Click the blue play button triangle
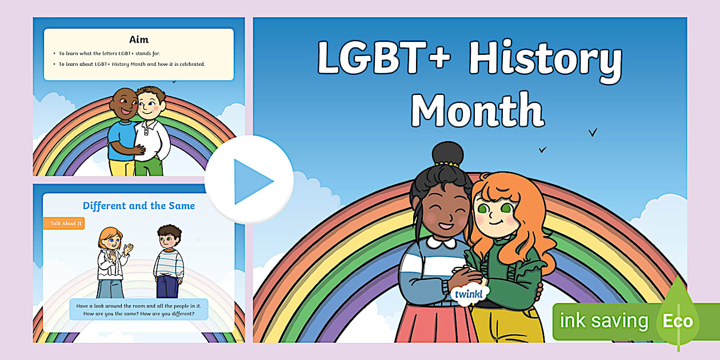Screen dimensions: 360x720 252,181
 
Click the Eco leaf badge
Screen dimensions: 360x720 678,320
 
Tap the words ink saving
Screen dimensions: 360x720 603,321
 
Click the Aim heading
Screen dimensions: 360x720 139,39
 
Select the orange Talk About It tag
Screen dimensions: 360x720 64,223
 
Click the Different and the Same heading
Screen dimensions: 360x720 139,206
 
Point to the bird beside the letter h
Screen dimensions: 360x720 593,133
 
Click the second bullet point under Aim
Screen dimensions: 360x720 132,64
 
